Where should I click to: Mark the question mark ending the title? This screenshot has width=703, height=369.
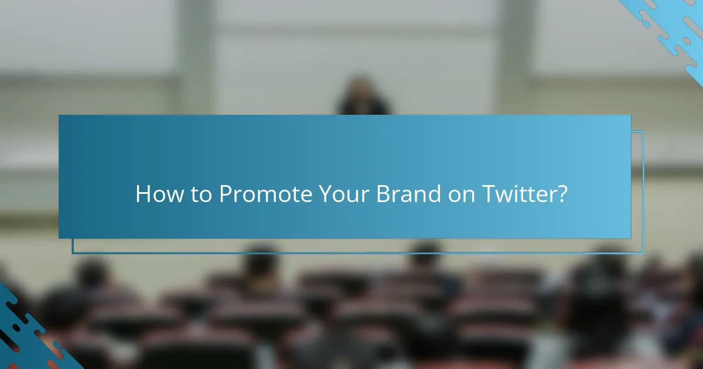(x=562, y=194)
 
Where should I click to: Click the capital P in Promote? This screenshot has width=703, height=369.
(x=225, y=194)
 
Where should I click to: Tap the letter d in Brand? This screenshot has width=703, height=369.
(x=434, y=194)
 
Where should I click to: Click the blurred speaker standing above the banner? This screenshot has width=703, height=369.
(x=363, y=97)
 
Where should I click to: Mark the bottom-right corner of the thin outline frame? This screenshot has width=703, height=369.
(x=643, y=253)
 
